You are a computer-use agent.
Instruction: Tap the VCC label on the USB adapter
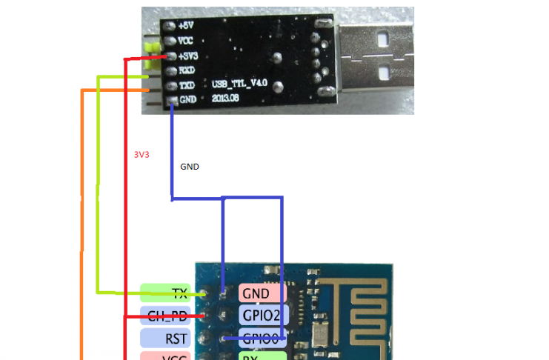point(187,41)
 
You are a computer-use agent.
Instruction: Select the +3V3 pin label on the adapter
point(188,56)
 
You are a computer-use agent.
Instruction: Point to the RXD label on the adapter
point(187,70)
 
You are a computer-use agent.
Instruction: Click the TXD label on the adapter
point(187,85)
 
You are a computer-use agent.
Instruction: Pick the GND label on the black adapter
point(187,100)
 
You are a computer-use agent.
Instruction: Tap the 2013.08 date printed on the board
point(226,97)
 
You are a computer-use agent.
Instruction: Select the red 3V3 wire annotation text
point(141,156)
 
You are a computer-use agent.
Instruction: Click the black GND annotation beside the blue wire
point(190,167)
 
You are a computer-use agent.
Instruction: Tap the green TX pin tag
point(165,293)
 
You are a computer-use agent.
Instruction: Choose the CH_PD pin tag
point(165,316)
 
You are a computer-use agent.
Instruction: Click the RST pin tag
point(165,339)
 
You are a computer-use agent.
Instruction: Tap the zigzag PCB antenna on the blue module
point(364,303)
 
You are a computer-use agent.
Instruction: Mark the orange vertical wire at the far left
point(81,222)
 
